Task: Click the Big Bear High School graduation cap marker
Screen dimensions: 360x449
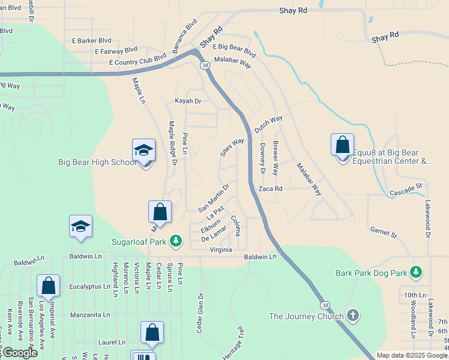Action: tap(144, 150)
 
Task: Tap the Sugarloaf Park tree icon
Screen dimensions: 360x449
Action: tap(176, 241)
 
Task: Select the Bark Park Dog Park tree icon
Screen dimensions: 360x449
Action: tap(415, 272)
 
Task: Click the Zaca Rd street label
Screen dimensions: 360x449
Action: tap(270, 188)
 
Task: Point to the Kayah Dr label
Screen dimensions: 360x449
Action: tap(187, 101)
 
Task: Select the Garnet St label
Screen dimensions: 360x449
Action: tap(384, 232)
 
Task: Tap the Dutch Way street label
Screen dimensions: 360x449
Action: tap(268, 124)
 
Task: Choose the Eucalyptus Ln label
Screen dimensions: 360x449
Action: tap(93, 287)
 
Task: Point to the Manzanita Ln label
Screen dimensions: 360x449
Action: tap(90, 314)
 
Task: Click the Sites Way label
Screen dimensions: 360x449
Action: tap(232, 148)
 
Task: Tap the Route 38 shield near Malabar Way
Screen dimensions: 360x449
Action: tap(205, 65)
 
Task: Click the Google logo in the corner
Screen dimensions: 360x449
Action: tap(19, 353)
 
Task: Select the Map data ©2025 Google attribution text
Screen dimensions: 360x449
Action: tap(411, 355)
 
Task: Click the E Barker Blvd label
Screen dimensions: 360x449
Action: tap(91, 41)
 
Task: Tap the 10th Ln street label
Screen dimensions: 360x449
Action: tap(414, 295)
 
